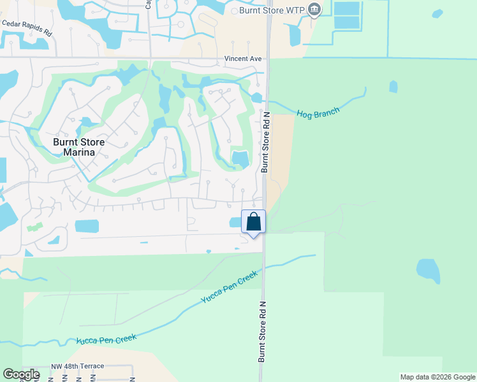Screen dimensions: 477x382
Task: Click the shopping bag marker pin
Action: coord(253,223)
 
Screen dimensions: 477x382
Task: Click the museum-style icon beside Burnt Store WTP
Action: coord(314,10)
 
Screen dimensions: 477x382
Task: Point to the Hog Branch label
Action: coord(318,112)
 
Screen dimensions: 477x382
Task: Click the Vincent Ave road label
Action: coord(243,59)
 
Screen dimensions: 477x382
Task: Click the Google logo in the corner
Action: coord(21,374)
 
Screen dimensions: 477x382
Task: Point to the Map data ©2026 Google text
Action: coord(437,377)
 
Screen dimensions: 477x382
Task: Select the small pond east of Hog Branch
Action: coord(393,87)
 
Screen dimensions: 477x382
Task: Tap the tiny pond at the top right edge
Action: coord(437,13)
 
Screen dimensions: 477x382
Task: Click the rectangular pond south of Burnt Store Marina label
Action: coord(87,226)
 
